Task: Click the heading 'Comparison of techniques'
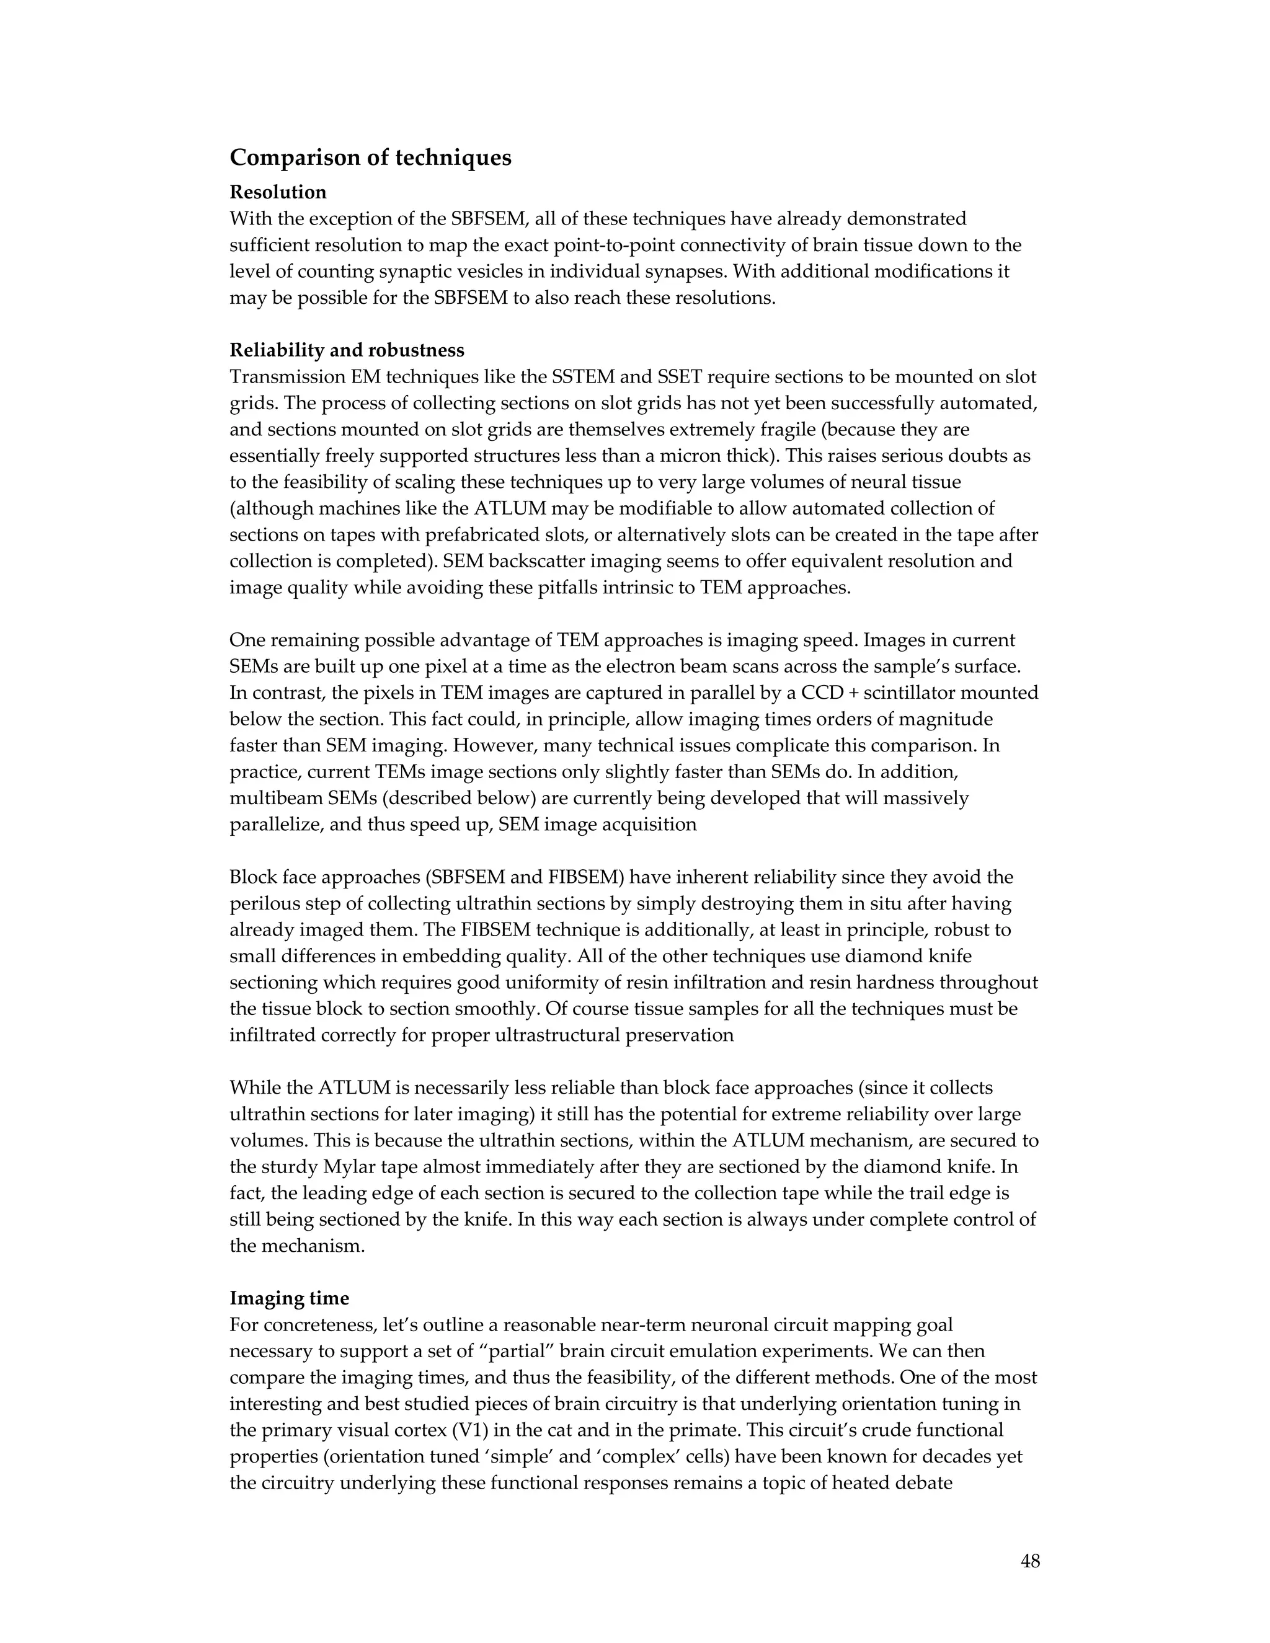370,157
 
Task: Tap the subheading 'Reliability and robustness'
347,350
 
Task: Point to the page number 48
1030,1561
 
